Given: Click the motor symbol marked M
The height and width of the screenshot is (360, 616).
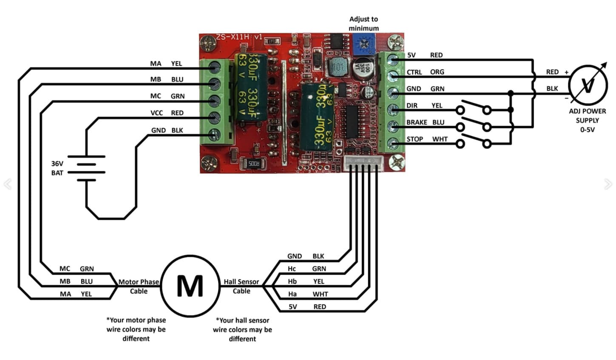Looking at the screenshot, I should click(190, 286).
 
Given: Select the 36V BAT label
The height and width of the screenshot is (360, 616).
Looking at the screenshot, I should click(57, 168).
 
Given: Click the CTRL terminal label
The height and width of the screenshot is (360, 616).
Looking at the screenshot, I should click(414, 72).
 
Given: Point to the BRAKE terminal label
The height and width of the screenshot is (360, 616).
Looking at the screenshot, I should click(417, 122).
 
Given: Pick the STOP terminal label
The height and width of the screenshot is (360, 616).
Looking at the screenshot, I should click(414, 139).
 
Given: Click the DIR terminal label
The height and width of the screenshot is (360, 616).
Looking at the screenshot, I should click(412, 105).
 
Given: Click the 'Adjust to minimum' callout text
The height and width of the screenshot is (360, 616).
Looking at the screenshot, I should click(363, 23).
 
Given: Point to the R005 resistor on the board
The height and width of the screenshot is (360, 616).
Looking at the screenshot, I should click(253, 163).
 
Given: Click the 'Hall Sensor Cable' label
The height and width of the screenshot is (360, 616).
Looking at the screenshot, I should click(241, 286).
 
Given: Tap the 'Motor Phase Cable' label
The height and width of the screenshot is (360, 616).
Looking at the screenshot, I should click(139, 286).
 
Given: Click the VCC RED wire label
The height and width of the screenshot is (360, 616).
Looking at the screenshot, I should click(167, 113).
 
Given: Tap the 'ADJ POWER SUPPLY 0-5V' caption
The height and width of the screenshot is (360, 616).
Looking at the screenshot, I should click(588, 120).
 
